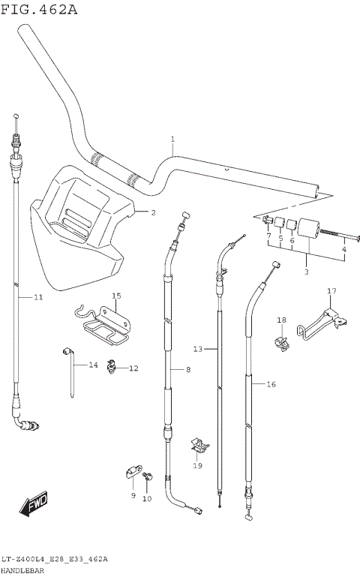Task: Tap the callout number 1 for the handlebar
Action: pos(172,139)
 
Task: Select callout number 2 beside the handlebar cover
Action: pos(153,212)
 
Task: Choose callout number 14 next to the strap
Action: pos(93,365)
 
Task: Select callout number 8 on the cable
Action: pos(187,370)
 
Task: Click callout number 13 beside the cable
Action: pos(198,349)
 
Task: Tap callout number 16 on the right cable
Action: pos(271,383)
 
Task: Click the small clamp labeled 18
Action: pos(282,342)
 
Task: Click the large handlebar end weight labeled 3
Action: pos(309,230)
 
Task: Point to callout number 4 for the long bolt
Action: pos(344,249)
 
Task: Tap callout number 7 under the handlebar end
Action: pos(268,236)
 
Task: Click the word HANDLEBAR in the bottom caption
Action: pos(23,570)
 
